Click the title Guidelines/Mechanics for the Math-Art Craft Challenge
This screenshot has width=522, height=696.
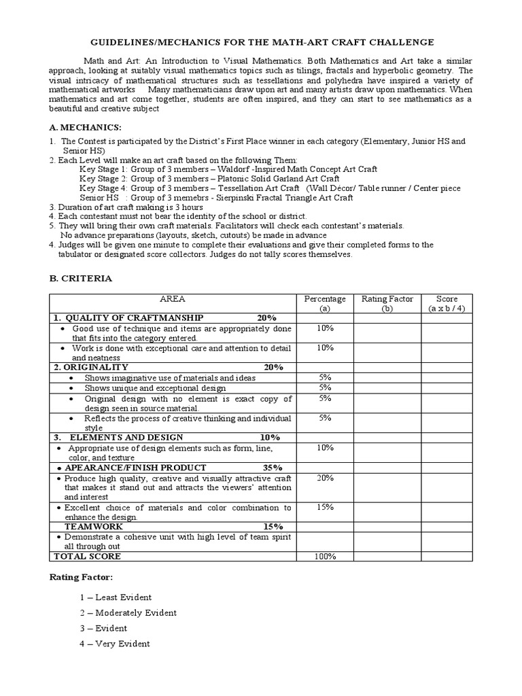coord(261,42)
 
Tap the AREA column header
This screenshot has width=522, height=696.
coord(172,299)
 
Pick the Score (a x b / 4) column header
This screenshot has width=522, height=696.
coord(447,303)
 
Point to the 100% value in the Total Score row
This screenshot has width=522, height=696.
coord(325,557)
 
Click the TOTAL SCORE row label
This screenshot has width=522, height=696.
coord(87,556)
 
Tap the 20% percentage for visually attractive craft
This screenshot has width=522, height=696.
coord(325,478)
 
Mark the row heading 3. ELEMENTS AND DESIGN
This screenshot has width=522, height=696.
coord(118,437)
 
